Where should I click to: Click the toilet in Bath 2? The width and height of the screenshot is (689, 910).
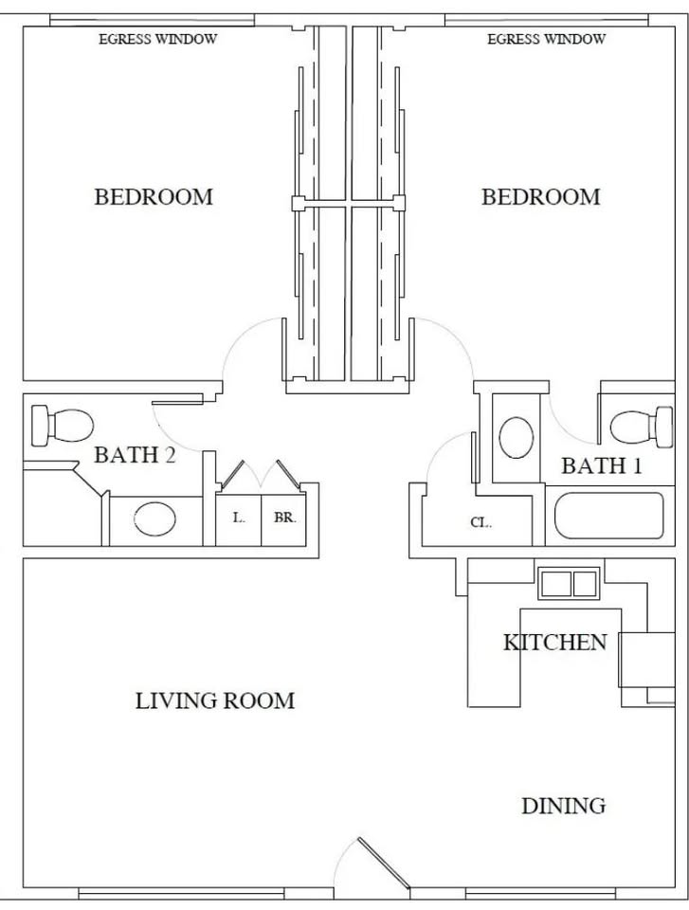pyautogui.click(x=63, y=426)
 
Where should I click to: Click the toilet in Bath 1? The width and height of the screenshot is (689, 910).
pyautogui.click(x=642, y=428)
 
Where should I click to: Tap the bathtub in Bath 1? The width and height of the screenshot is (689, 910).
pyautogui.click(x=608, y=516)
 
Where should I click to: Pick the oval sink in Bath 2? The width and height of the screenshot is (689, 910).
pyautogui.click(x=155, y=519)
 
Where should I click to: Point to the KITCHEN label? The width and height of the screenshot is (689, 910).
pyautogui.click(x=555, y=643)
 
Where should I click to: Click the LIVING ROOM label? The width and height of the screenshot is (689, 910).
pyautogui.click(x=215, y=701)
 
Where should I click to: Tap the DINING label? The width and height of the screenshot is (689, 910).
pyautogui.click(x=564, y=806)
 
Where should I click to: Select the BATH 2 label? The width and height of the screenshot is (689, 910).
pyautogui.click(x=135, y=455)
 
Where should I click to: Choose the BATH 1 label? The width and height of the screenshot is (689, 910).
pyautogui.click(x=602, y=465)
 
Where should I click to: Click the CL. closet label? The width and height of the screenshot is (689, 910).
pyautogui.click(x=480, y=522)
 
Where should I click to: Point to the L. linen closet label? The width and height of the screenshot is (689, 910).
pyautogui.click(x=239, y=518)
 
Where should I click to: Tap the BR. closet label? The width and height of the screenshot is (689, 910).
pyautogui.click(x=285, y=518)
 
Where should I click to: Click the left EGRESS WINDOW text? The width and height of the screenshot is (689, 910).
pyautogui.click(x=158, y=40)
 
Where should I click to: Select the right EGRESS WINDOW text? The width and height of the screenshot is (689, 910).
pyautogui.click(x=546, y=40)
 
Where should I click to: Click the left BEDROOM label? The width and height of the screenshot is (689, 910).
pyautogui.click(x=154, y=197)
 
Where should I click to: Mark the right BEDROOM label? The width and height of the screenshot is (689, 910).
pyautogui.click(x=540, y=197)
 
